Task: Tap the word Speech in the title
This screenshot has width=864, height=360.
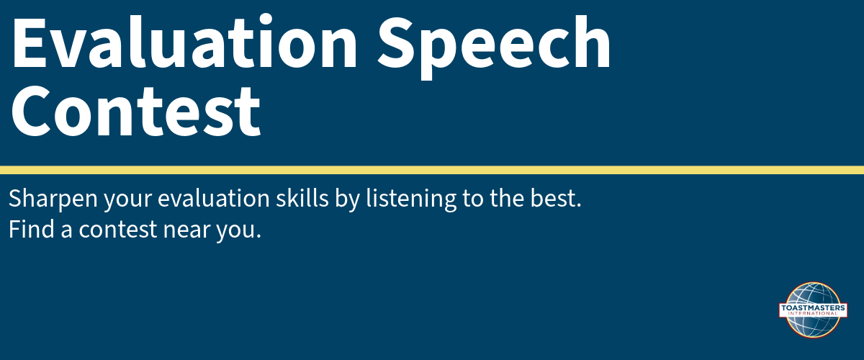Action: pos(494,47)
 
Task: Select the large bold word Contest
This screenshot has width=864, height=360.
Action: pos(136,111)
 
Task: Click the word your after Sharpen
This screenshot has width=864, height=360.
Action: pos(128,202)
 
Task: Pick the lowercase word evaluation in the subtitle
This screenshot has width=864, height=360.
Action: pos(214,198)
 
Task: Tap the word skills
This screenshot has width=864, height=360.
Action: pos(302,198)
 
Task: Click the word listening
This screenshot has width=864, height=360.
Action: pos(411,199)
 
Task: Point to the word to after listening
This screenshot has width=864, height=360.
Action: pos(473,199)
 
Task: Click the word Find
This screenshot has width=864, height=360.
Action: pos(32,228)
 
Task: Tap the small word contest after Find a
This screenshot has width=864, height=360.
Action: pos(117,230)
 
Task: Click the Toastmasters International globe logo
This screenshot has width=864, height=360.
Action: pos(813,310)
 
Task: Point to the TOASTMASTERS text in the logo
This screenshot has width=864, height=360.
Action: pos(813,308)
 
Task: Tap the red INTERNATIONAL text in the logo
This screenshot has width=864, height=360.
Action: pos(813,313)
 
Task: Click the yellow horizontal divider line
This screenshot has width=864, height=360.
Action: pos(432,170)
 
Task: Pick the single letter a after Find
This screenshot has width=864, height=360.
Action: pos(66,231)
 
